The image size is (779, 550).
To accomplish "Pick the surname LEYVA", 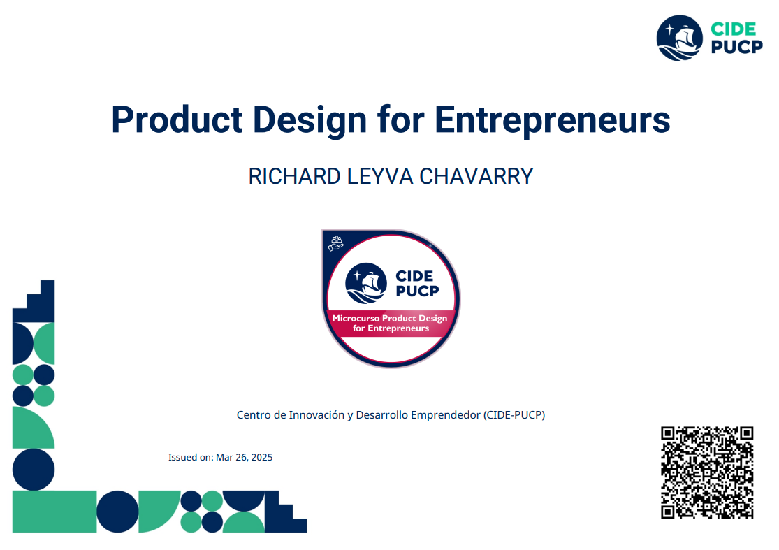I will [x=381, y=176].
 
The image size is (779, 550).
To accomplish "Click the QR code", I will [x=707, y=472].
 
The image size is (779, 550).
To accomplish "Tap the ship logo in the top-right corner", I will [x=679, y=38].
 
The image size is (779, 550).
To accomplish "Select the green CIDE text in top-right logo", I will [x=733, y=29].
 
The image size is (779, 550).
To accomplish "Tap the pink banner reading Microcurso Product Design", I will [x=390, y=323].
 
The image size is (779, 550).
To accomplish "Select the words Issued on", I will [x=190, y=458].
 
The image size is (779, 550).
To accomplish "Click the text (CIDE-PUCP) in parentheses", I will [x=514, y=414].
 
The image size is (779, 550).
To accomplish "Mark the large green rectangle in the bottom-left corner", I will [x=54, y=512].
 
